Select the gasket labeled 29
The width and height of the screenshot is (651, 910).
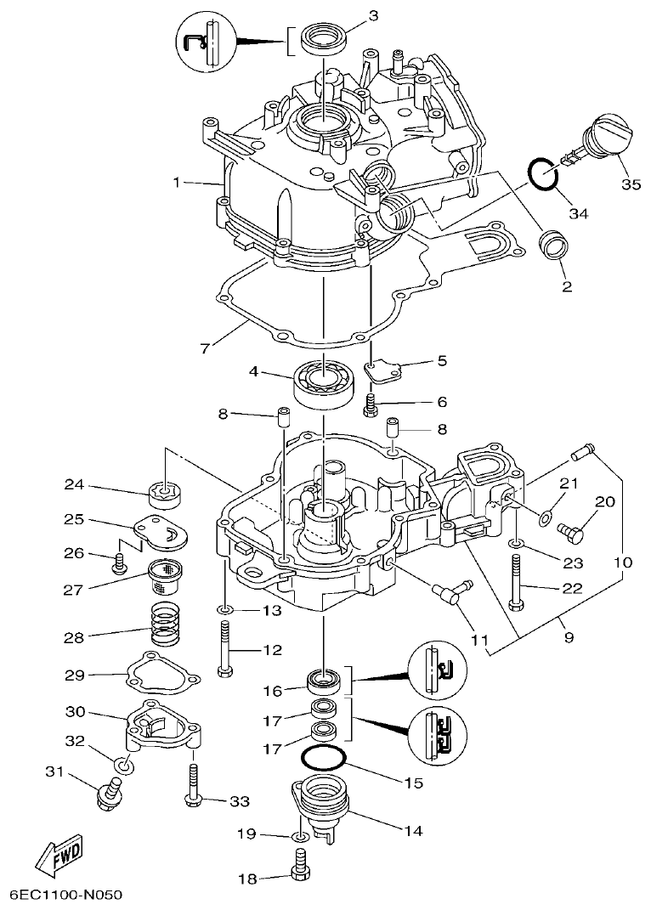coord(161,675)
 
